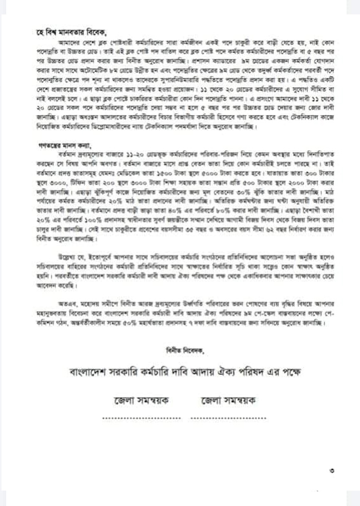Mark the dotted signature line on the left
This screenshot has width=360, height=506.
(141, 418)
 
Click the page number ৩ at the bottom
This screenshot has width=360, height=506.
(331, 470)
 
